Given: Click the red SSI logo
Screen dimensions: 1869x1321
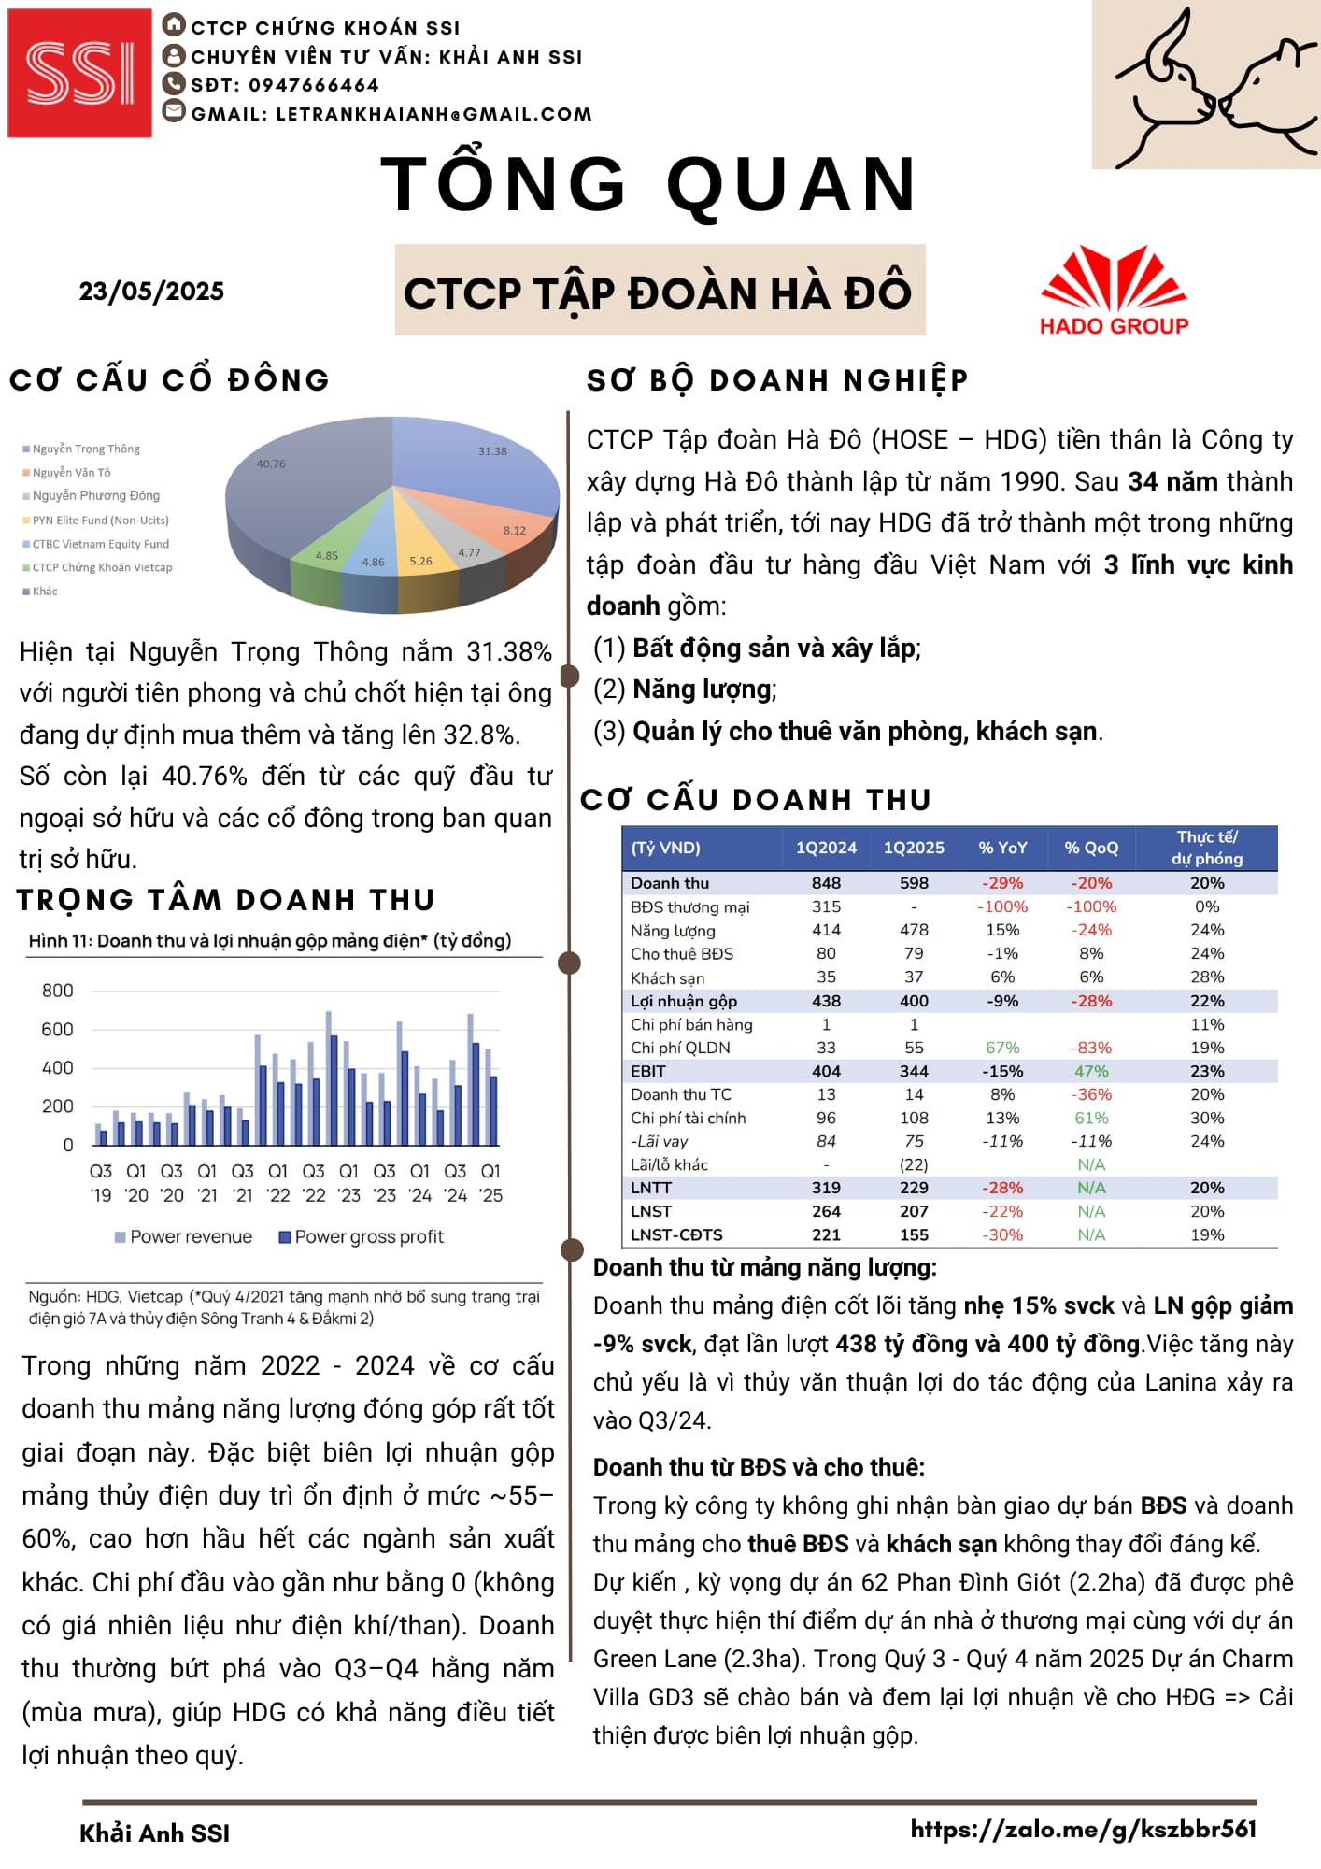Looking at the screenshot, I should [x=79, y=73].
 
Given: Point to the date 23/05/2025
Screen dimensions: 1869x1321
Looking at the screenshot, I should [x=151, y=292].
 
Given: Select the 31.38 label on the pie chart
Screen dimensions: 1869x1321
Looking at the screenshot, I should [x=492, y=451].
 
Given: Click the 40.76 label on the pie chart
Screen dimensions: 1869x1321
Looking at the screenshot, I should [x=271, y=464].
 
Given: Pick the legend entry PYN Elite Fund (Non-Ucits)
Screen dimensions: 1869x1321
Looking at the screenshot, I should [x=100, y=521].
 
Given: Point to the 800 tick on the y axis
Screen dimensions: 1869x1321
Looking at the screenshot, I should [x=57, y=991].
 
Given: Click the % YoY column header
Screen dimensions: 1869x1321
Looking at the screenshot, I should [x=1002, y=848].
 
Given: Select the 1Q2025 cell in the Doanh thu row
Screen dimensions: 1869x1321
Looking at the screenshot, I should [x=914, y=883].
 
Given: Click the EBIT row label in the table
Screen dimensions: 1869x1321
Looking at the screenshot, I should [x=648, y=1071].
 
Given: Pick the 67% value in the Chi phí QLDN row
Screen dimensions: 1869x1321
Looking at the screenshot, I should [x=1002, y=1048].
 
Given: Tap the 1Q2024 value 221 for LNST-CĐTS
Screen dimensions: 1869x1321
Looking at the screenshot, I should [x=826, y=1234].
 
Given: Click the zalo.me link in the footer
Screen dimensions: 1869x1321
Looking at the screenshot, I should [x=1083, y=1829].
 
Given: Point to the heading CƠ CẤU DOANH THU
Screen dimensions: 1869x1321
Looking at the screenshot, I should [x=756, y=800].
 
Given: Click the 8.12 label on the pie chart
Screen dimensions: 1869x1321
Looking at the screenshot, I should [x=515, y=530].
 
